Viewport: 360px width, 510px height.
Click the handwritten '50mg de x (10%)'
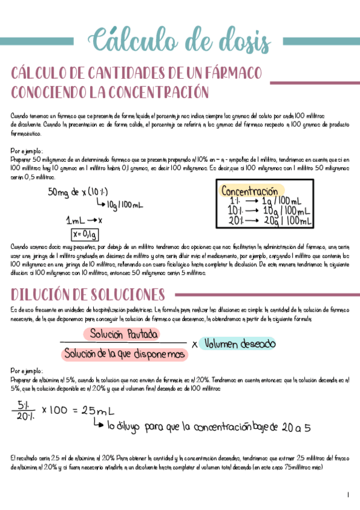78,192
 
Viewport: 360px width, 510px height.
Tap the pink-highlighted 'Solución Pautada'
124,334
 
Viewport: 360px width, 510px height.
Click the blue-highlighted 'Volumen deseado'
240,344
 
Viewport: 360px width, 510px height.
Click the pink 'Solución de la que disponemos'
125,354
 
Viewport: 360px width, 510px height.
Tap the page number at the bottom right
348,495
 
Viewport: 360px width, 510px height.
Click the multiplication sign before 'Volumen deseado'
194,345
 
